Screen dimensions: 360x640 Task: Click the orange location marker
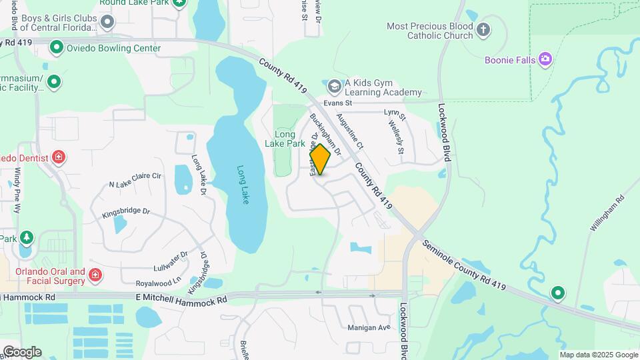click(x=320, y=160)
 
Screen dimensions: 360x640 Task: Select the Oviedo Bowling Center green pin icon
click(x=57, y=47)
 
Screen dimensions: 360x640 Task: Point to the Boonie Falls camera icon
click(x=546, y=59)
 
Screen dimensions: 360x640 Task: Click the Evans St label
click(x=337, y=103)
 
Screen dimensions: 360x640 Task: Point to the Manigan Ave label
click(x=369, y=327)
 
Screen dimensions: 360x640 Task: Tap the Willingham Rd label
click(x=605, y=214)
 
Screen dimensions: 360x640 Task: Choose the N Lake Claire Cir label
click(x=135, y=180)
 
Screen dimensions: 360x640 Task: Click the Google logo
click(x=21, y=351)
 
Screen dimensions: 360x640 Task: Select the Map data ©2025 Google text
click(x=599, y=355)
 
